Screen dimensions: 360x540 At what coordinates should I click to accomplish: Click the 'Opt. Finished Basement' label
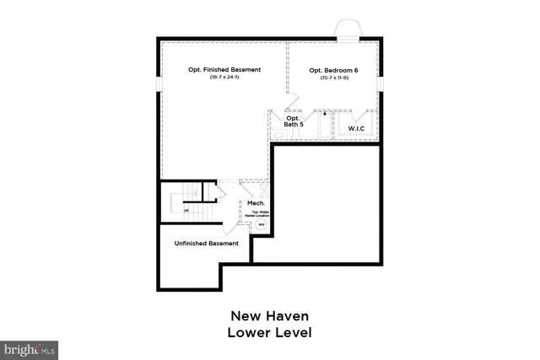[x=224, y=69]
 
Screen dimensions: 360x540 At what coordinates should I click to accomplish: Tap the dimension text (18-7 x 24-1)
[x=224, y=78]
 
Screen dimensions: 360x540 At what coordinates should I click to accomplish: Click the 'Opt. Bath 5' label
[x=293, y=121]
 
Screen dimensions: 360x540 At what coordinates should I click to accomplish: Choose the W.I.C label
[x=357, y=128]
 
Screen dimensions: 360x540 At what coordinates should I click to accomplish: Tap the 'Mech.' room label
[x=256, y=203]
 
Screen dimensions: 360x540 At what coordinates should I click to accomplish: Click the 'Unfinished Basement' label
[x=206, y=243]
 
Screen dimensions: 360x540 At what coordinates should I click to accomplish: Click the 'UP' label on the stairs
[x=175, y=211]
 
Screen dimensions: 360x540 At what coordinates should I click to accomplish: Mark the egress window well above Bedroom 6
[x=348, y=29]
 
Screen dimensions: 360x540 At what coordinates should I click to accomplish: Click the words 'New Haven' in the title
[x=269, y=316]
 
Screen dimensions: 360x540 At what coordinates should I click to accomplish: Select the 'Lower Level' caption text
[x=269, y=333]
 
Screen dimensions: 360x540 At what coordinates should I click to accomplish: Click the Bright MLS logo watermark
[x=29, y=347]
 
